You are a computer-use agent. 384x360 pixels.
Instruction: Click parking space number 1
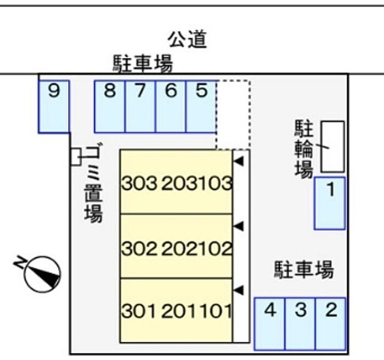tap(330, 203)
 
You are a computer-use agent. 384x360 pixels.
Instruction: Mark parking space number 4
tap(269, 323)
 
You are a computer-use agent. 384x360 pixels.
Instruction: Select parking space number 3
tap(300, 323)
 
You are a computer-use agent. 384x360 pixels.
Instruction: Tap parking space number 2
tap(331, 323)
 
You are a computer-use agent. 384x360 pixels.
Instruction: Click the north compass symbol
tap(42, 273)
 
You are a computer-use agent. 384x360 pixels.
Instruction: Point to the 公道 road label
tap(188, 39)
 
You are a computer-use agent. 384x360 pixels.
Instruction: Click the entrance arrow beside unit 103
tap(239, 161)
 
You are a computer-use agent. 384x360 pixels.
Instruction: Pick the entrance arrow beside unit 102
tap(239, 225)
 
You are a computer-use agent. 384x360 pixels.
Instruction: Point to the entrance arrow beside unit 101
tap(239, 289)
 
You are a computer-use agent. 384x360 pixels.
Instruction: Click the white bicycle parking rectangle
tap(332, 147)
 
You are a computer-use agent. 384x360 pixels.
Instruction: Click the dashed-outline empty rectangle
tap(233, 114)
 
